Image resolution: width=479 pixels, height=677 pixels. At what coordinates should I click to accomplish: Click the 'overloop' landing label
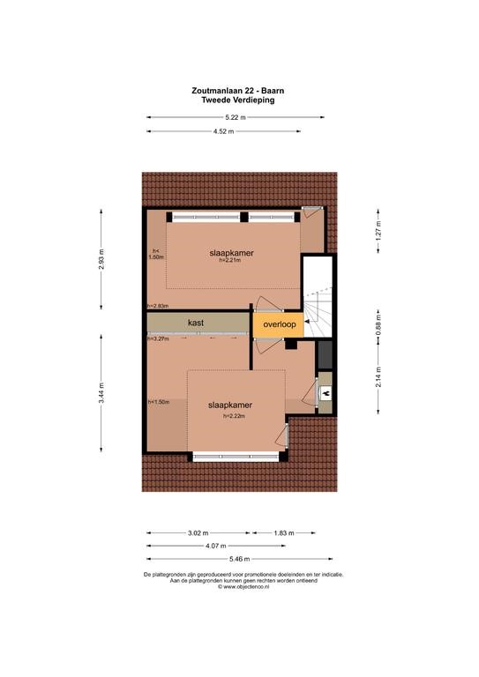(280, 324)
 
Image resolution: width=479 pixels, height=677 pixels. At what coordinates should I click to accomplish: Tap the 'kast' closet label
(196, 323)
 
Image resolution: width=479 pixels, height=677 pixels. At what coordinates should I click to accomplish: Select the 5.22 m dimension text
(236, 117)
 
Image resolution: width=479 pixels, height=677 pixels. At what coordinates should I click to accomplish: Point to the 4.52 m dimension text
(224, 131)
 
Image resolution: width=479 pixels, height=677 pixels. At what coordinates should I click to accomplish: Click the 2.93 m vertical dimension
(101, 259)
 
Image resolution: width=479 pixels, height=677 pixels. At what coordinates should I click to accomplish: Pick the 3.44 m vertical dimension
(101, 393)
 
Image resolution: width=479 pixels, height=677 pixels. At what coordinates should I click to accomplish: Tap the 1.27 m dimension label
(378, 231)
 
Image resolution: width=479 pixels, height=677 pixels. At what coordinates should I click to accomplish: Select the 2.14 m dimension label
(378, 377)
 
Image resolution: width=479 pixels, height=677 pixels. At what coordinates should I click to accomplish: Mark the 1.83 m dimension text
(284, 532)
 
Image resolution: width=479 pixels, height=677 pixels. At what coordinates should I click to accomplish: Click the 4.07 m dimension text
(216, 546)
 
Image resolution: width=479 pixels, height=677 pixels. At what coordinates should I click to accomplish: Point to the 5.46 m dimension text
(239, 559)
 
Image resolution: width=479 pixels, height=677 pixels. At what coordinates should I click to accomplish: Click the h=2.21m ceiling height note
(230, 260)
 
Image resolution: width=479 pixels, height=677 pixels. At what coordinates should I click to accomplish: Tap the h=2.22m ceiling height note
(234, 416)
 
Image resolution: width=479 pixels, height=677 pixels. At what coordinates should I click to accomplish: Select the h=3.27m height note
(158, 338)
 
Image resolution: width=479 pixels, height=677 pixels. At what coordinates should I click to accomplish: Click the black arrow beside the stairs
(307, 322)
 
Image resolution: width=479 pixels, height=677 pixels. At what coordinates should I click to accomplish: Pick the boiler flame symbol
(326, 393)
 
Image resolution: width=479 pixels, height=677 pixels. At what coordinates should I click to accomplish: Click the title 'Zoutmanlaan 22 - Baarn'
(238, 91)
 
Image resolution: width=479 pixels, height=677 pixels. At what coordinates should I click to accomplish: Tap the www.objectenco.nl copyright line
(243, 587)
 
